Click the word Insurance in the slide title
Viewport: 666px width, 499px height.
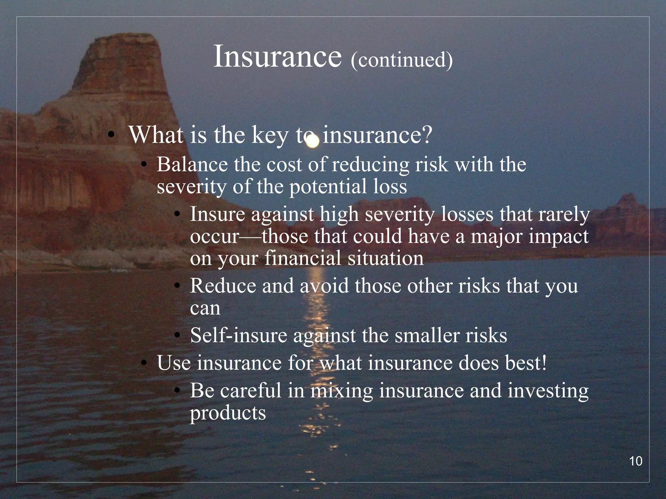(x=277, y=57)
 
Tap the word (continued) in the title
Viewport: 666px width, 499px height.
(x=402, y=60)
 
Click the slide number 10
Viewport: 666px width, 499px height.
(x=636, y=461)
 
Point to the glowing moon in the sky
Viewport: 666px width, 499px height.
(x=313, y=142)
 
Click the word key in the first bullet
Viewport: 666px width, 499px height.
(x=270, y=136)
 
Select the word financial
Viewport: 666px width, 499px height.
(x=303, y=259)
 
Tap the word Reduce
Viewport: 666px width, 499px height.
(x=223, y=286)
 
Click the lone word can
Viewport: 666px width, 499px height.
(x=205, y=309)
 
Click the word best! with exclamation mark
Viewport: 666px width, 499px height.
(x=526, y=363)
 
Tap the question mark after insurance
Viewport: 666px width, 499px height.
(x=427, y=135)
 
